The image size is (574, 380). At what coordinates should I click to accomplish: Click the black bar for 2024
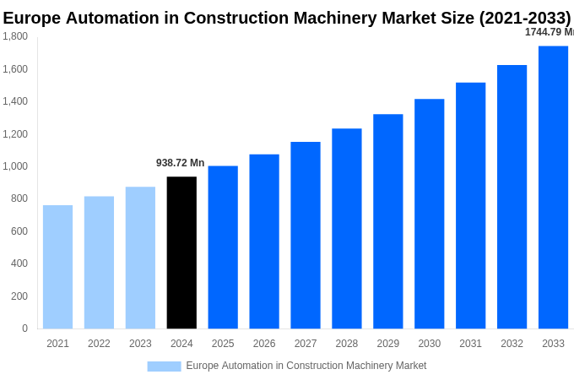(181, 252)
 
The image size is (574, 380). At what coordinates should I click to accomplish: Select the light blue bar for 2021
(57, 267)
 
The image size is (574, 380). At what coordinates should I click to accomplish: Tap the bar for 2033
(553, 187)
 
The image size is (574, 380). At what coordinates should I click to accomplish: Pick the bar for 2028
(346, 229)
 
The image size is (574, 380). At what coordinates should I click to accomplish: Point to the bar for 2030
(429, 214)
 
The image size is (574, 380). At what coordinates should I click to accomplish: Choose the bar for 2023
(140, 258)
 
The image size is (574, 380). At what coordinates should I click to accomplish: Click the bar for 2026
(264, 242)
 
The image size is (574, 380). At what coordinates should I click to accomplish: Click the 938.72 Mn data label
(180, 163)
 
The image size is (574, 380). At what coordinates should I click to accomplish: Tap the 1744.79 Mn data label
(549, 32)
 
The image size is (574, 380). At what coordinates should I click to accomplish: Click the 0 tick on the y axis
(24, 328)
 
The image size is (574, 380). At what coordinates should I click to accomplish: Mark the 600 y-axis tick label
(19, 231)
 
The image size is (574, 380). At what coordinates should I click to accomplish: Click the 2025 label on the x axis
(223, 344)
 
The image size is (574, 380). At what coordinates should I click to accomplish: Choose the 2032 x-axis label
(512, 344)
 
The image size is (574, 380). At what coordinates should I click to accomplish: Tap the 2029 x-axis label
(387, 344)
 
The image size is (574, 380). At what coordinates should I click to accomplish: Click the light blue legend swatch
(164, 366)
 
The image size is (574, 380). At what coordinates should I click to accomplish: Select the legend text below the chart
(306, 366)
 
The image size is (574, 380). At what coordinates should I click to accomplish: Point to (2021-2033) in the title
(524, 18)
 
